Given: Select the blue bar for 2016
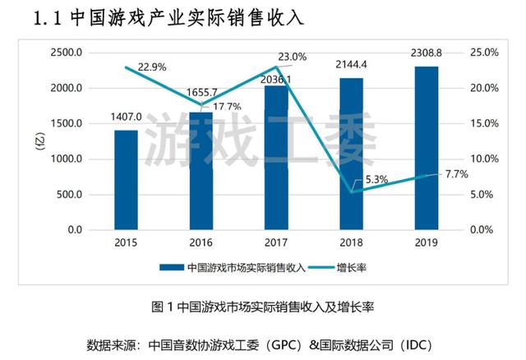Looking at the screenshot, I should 201,170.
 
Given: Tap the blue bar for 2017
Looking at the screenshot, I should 276,156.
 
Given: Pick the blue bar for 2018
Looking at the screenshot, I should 351,153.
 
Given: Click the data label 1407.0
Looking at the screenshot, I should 126,117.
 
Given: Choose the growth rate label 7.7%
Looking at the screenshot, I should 455,173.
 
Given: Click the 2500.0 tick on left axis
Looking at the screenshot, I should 66,53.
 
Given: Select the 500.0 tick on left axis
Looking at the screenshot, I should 69,195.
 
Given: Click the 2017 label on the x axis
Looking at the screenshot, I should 276,243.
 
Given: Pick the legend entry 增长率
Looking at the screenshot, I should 352,267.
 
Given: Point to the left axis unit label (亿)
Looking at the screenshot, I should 38,141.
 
